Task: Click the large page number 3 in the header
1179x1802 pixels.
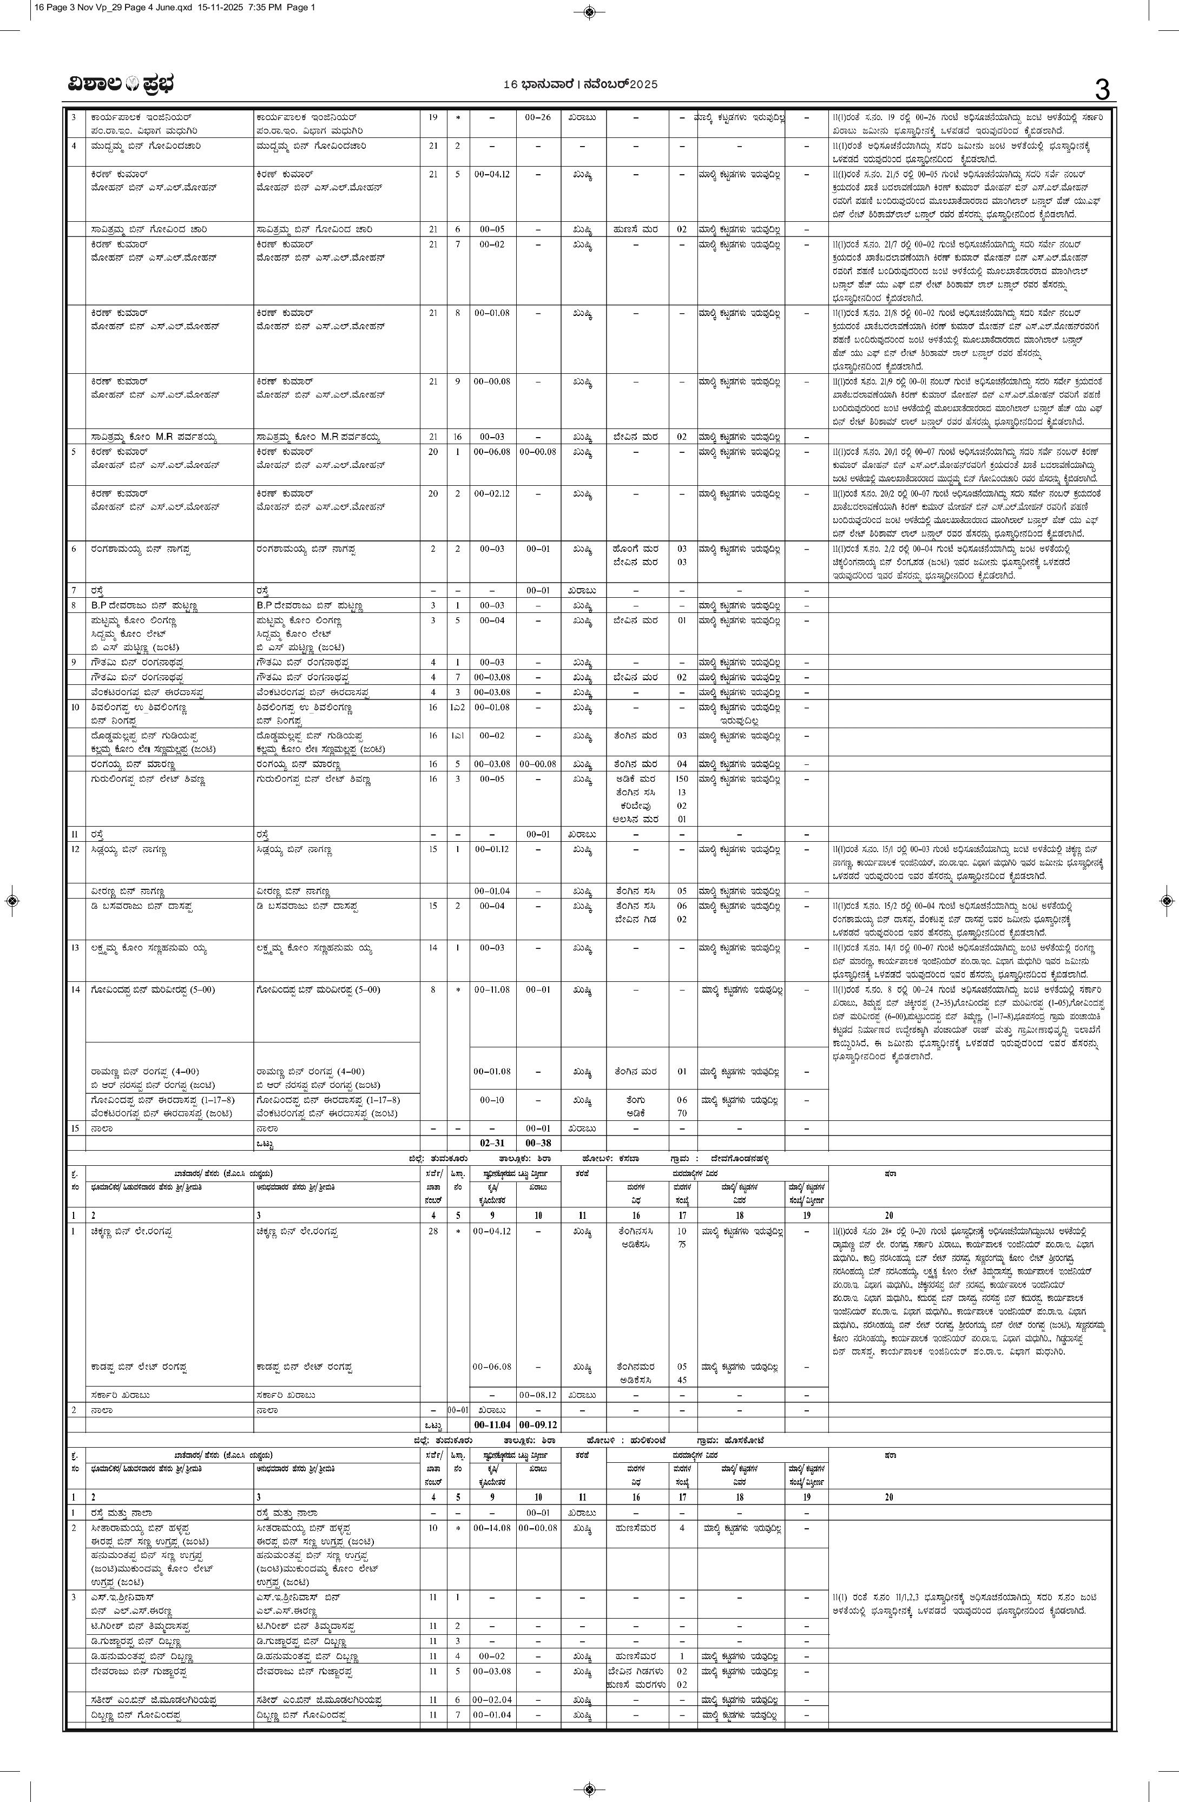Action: tap(1102, 89)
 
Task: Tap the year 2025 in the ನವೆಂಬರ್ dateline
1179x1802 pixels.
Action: tap(644, 85)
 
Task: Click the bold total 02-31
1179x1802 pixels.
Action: tap(491, 1143)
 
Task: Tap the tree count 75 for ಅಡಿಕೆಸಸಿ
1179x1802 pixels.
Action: tap(682, 1244)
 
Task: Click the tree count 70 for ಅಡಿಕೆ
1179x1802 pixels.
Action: tap(682, 1113)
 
